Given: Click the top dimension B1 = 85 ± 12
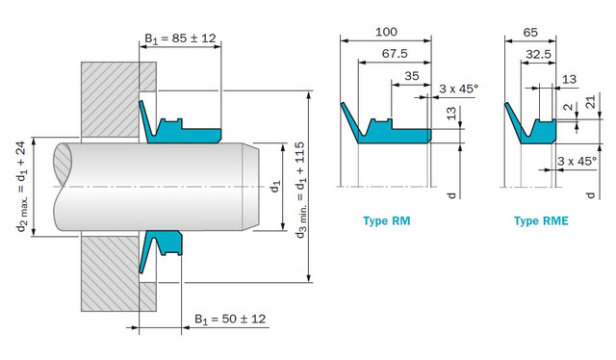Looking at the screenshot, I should point(181,39).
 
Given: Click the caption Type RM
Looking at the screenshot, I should point(388,221).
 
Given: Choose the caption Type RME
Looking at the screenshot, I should point(541,221).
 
